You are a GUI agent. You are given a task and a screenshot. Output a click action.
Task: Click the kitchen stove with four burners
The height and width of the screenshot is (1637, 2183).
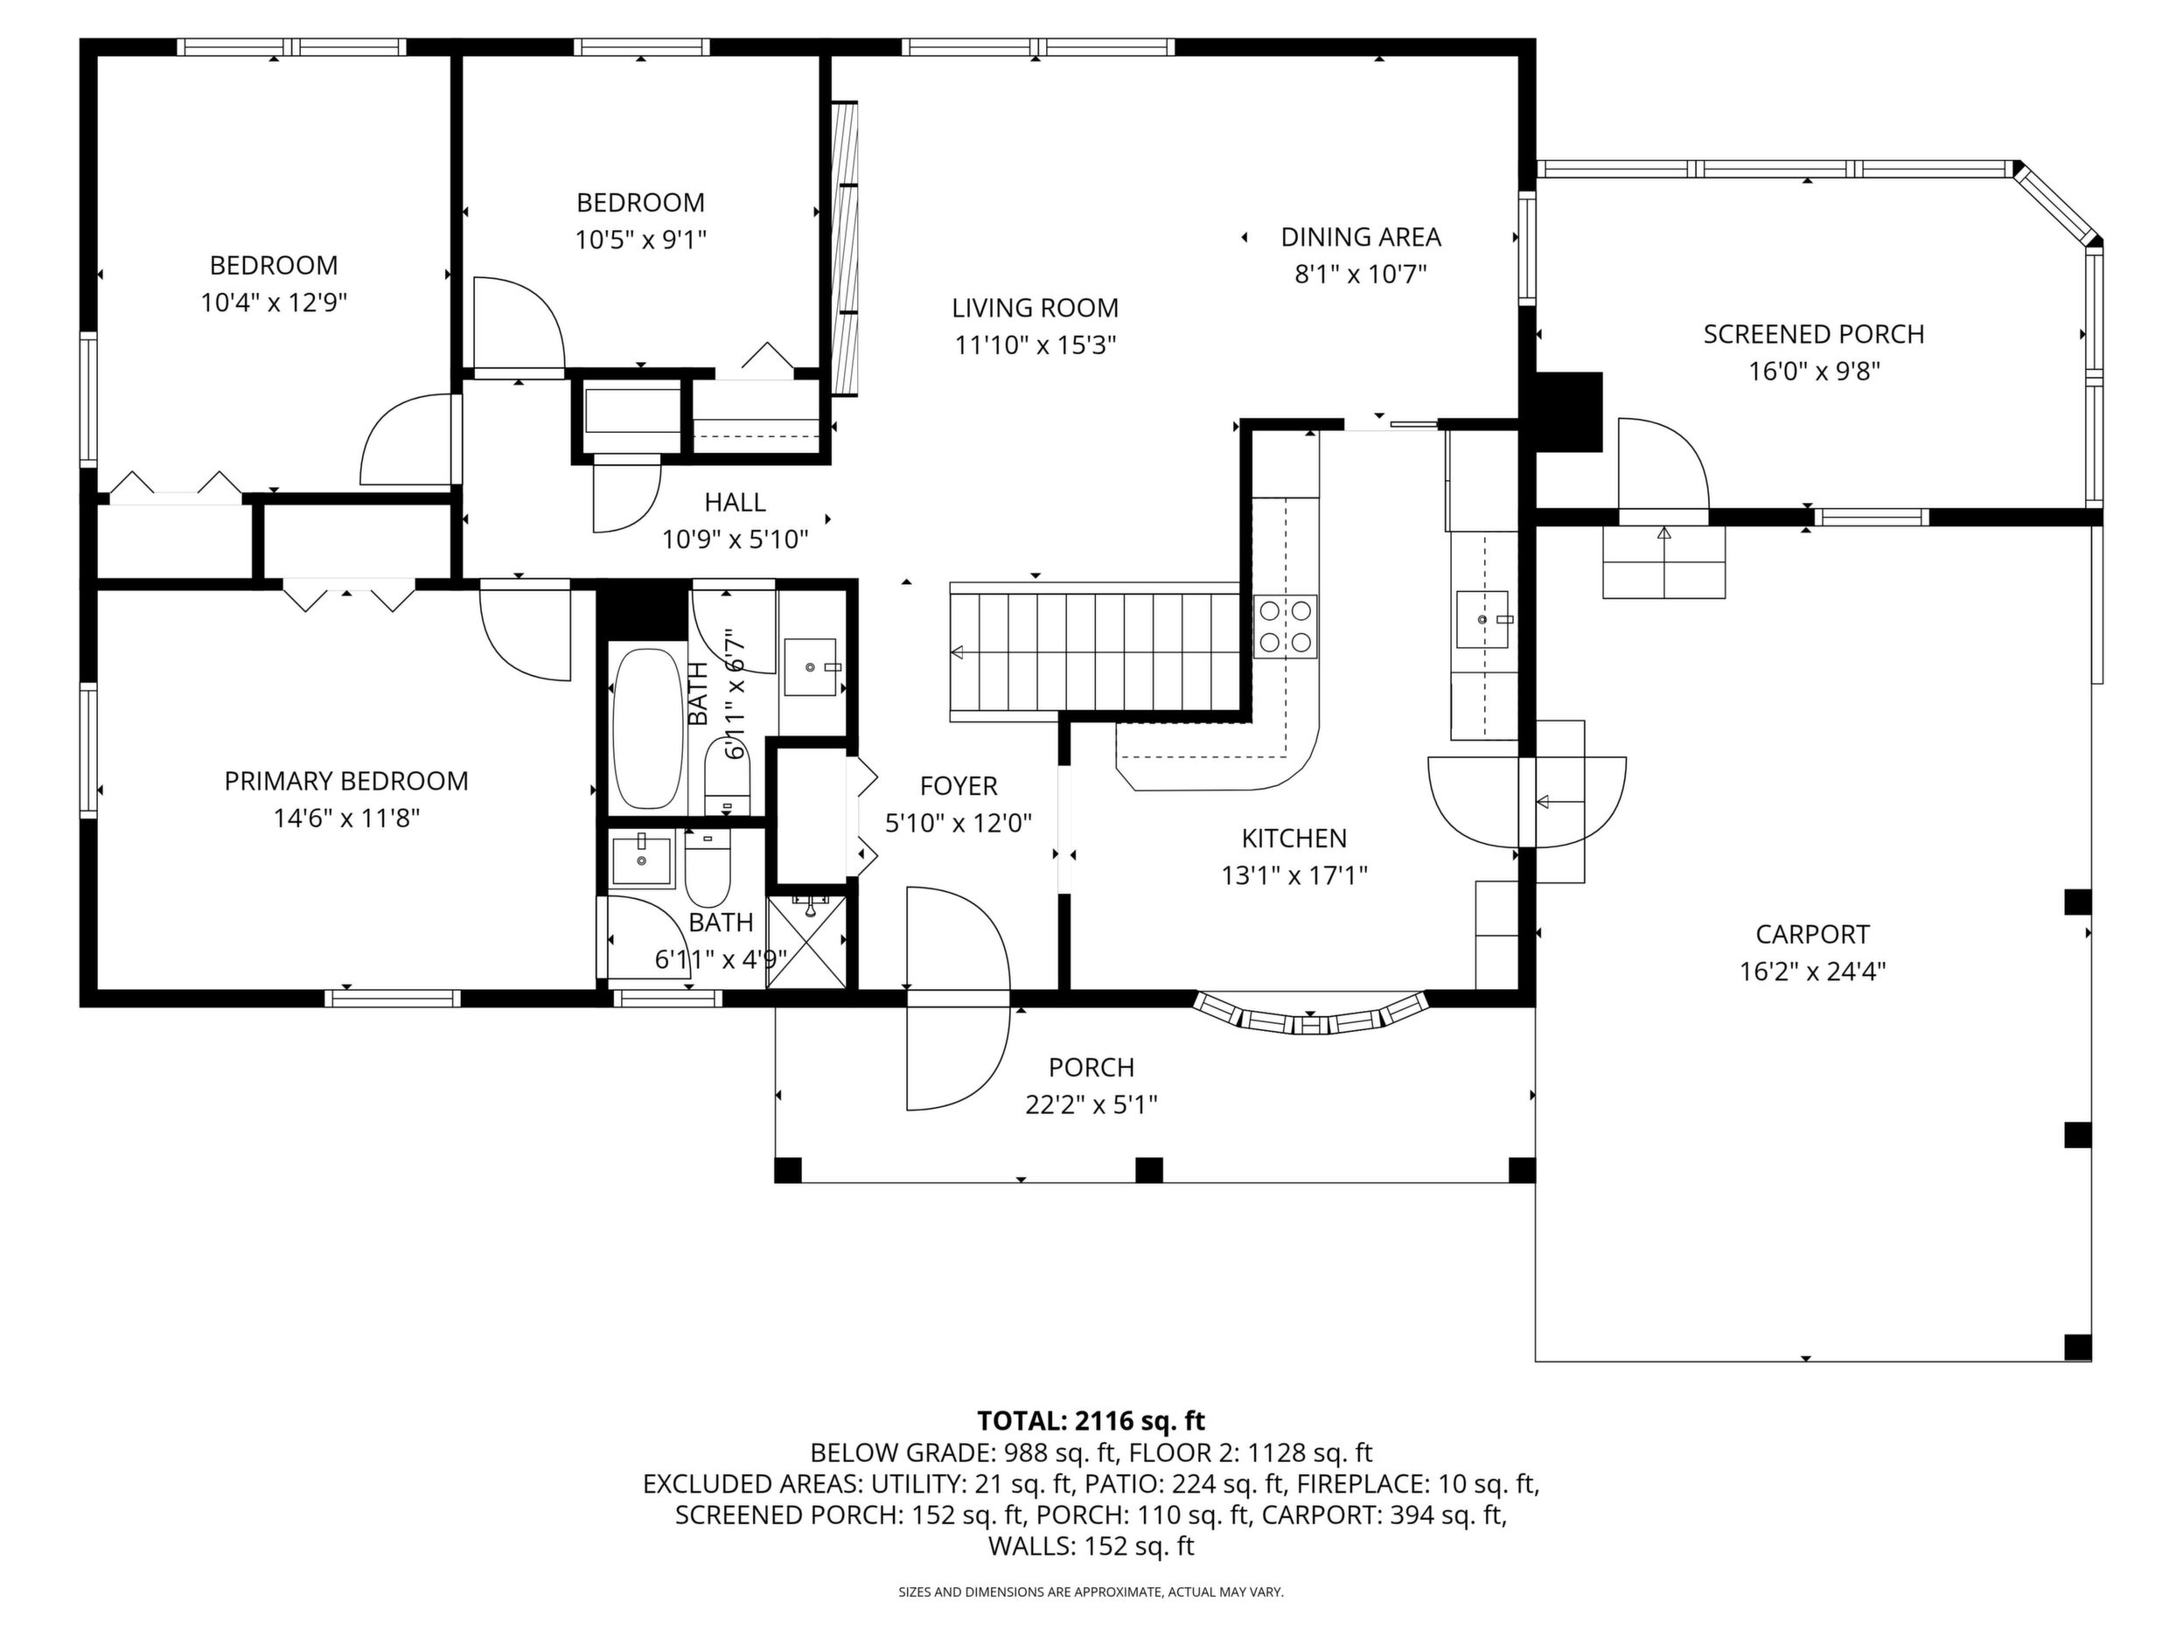1286,627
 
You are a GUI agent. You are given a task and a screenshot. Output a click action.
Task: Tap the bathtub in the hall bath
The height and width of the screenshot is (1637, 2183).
648,728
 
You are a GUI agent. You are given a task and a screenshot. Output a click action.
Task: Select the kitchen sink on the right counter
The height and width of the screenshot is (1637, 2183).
1482,620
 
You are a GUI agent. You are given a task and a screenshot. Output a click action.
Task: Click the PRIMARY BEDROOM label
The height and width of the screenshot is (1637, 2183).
346,782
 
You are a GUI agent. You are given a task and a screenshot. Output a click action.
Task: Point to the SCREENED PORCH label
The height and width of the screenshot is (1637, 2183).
1814,335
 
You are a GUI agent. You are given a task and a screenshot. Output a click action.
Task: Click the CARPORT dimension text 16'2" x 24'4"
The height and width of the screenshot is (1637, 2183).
1813,971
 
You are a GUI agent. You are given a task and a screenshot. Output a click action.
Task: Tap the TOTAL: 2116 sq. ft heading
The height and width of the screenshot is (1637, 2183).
1091,1421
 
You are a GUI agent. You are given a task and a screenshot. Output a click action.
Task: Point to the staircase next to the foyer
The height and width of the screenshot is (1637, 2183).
1094,651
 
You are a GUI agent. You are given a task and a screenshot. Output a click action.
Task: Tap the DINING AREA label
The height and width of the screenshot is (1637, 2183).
1361,237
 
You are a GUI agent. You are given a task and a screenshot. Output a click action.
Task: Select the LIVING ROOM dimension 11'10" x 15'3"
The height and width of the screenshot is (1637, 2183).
1036,345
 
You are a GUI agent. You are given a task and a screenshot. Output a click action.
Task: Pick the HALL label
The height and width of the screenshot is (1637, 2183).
736,502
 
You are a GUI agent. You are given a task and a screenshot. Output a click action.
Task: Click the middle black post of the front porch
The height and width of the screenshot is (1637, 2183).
1148,1170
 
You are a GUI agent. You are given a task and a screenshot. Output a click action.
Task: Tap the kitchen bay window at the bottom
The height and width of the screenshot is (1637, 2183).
1311,1015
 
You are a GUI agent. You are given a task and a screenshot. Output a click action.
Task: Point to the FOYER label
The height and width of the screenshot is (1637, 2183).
959,786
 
